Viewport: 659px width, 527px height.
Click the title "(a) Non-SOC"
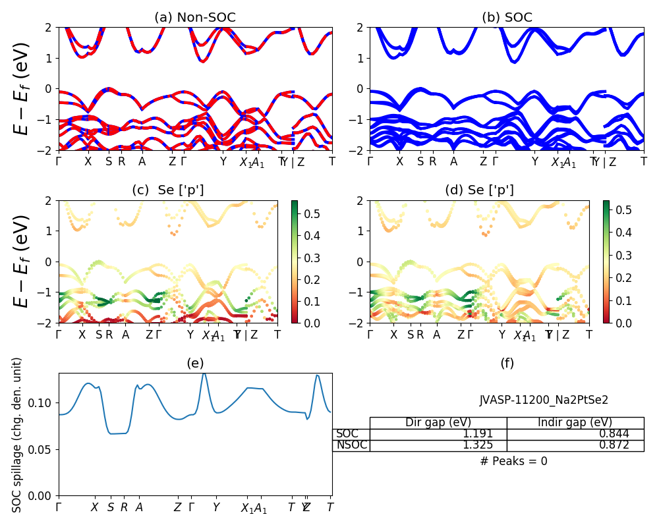[x=195, y=18]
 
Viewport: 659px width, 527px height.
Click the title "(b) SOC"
[x=507, y=18]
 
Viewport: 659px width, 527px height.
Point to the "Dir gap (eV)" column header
[x=438, y=423]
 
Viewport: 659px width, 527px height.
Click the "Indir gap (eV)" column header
[x=575, y=423]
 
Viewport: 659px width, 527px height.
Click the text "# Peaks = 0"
[x=513, y=462]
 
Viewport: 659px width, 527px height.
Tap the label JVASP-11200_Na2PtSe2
[x=544, y=400]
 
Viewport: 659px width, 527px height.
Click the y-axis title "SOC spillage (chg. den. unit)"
[x=18, y=435]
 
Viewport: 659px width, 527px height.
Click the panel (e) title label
[x=195, y=363]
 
